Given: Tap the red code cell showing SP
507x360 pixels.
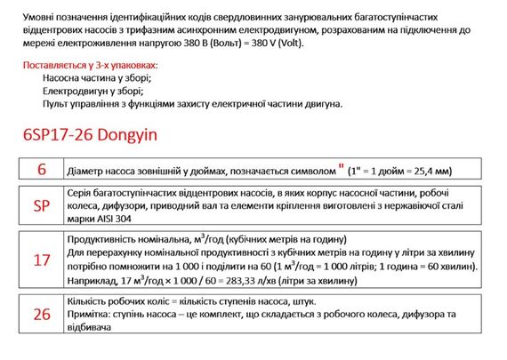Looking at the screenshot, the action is tap(41, 205).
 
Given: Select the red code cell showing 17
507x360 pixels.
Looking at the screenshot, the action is tap(41, 260).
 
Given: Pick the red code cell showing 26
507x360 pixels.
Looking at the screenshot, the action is tap(41, 313).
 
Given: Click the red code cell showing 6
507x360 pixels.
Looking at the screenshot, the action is tap(41, 170).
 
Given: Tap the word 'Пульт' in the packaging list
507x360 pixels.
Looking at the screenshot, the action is tap(55, 103).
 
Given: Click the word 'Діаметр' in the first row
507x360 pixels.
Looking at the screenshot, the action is tap(88, 171).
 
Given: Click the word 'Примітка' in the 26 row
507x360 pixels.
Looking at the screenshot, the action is tap(92, 315).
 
